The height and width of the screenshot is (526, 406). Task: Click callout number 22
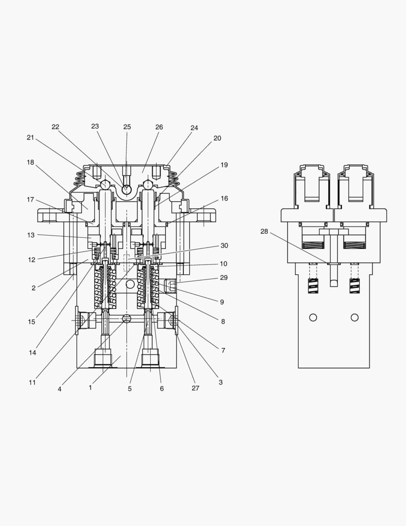(55, 127)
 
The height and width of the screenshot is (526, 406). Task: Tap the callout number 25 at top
(127, 127)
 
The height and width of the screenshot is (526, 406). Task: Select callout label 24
(194, 128)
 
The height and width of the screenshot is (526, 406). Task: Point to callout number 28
(264, 231)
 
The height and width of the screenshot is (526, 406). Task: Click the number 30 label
(224, 245)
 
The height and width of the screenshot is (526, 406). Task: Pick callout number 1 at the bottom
(90, 388)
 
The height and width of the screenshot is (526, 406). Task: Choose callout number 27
(195, 388)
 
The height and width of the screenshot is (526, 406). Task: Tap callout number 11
(32, 382)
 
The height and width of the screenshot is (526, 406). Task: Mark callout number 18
(31, 162)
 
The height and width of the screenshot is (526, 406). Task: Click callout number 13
(31, 235)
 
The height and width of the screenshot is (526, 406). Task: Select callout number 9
(222, 302)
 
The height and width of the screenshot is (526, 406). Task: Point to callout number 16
(224, 198)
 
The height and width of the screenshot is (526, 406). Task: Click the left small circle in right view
(313, 318)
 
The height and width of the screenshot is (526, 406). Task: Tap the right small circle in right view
(354, 318)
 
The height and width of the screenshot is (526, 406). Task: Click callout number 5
(130, 389)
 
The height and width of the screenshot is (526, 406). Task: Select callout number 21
(31, 137)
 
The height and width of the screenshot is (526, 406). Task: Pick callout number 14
(32, 353)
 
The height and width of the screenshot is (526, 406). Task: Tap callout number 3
(220, 382)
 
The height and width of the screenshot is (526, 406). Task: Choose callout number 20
(217, 138)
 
